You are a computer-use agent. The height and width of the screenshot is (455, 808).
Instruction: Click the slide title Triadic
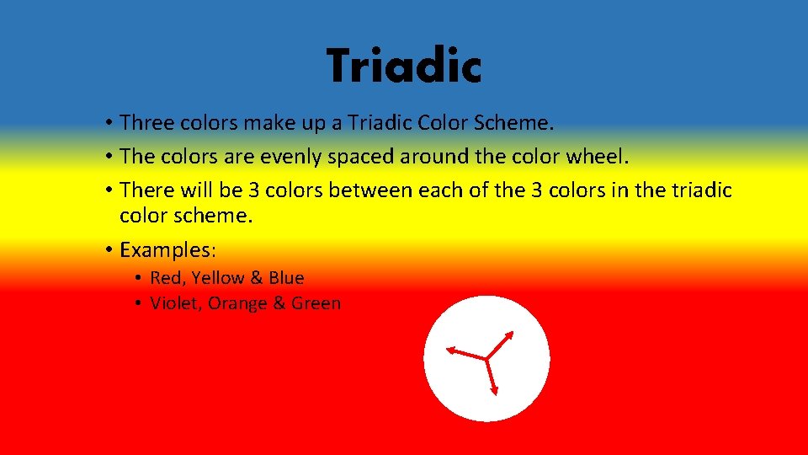404,67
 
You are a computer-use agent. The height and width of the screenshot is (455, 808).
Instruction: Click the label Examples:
168,250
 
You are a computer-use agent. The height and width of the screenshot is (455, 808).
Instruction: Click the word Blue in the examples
286,278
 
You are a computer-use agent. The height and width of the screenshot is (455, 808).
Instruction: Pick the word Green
316,303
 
